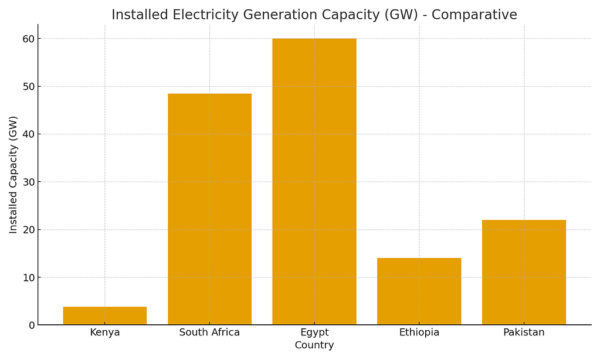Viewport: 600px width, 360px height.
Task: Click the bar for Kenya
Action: (104, 316)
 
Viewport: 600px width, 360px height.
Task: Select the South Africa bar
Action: (209, 209)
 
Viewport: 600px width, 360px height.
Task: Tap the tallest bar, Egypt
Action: (314, 182)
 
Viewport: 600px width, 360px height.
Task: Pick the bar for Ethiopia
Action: (419, 291)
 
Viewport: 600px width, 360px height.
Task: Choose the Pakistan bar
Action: (524, 272)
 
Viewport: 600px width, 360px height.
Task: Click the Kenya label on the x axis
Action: (104, 332)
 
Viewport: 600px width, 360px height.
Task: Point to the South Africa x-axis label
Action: (209, 332)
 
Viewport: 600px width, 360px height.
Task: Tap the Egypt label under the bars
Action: (314, 332)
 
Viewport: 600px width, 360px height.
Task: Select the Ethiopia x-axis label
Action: (419, 332)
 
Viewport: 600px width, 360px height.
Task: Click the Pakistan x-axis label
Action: (524, 332)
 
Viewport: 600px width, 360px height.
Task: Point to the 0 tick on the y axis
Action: (31, 325)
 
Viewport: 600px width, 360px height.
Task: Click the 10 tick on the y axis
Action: (28, 277)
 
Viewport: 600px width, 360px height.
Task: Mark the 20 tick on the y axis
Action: (28, 230)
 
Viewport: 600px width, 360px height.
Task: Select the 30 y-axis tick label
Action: (28, 182)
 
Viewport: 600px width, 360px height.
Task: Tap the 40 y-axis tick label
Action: (28, 134)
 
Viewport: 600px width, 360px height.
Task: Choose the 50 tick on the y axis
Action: (28, 87)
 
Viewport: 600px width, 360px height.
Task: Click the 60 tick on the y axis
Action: (28, 39)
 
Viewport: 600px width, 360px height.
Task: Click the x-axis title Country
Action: (314, 345)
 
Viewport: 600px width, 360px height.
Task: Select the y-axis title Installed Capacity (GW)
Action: (13, 175)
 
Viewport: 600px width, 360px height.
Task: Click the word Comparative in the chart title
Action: (474, 15)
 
